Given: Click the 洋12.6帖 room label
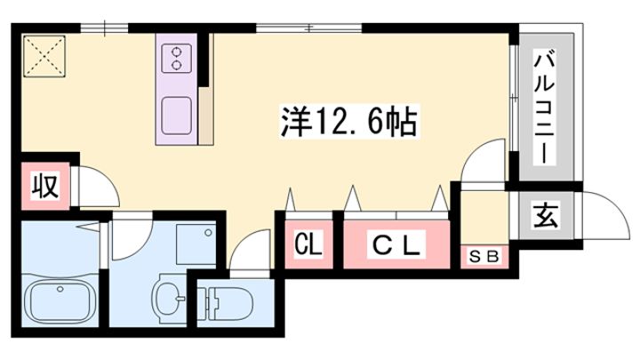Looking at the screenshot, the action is [x=349, y=121].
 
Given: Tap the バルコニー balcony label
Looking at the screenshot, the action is [x=545, y=107].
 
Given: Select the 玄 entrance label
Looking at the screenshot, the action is [x=545, y=215].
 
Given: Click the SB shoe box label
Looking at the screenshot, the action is [x=484, y=257].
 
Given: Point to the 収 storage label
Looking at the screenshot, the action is [x=45, y=185].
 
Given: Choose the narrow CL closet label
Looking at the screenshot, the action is [x=308, y=244].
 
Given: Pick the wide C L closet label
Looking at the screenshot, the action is [x=396, y=244].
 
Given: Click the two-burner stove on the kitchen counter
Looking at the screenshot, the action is [x=176, y=59].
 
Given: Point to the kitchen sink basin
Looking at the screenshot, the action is [x=176, y=116].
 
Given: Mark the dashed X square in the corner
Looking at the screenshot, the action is [x=44, y=56].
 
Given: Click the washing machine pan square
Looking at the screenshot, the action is [x=196, y=244].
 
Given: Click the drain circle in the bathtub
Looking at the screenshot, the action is [x=60, y=290].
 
